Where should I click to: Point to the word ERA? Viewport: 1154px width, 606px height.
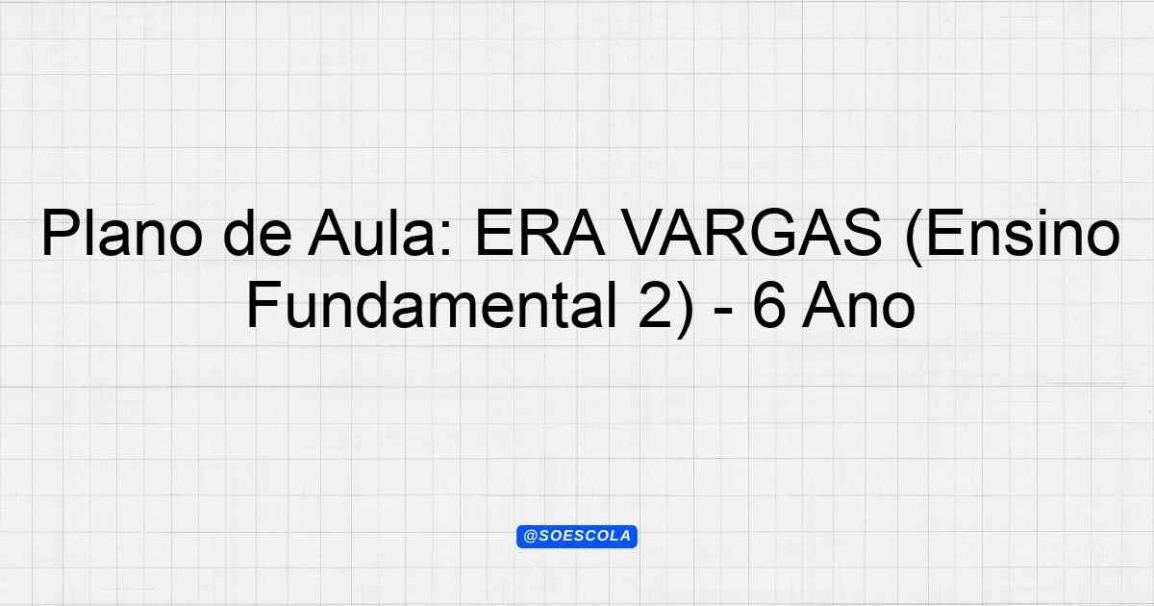[539, 232]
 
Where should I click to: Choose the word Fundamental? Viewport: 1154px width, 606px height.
[432, 305]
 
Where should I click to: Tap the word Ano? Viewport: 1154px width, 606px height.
[858, 305]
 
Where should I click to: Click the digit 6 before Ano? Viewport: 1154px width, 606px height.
[768, 305]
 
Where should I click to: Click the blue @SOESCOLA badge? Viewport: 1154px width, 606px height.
[577, 537]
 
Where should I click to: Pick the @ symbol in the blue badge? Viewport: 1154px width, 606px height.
[530, 537]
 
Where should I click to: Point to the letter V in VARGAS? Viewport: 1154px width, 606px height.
[645, 233]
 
